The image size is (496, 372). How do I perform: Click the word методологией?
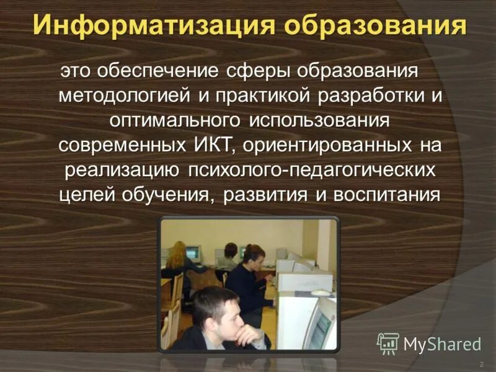[124, 96]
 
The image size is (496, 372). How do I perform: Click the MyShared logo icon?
[388, 342]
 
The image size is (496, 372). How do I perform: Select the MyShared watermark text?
[442, 343]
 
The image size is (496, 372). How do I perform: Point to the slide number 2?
[481, 363]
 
